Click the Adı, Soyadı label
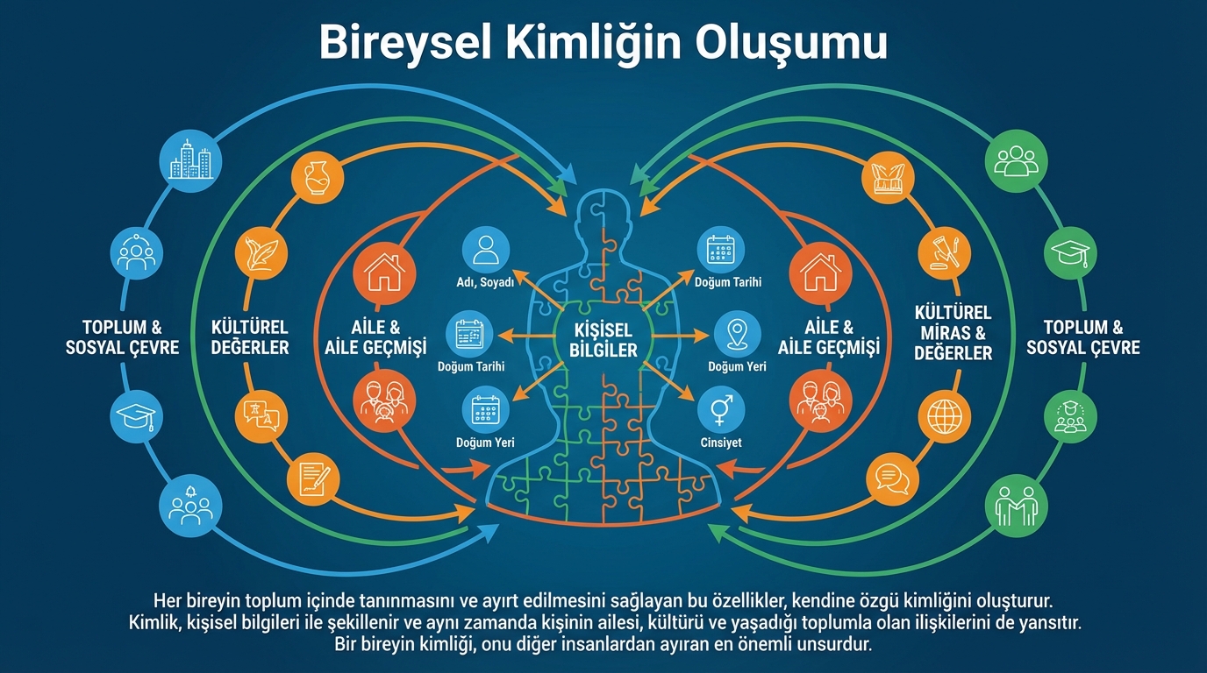point(485,282)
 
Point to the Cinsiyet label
point(721,443)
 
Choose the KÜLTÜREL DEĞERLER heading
point(250,337)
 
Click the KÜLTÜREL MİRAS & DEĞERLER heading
point(953,333)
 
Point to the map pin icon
point(737,334)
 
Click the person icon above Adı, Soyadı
point(485,248)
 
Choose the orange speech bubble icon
point(890,478)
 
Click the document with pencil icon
point(312,478)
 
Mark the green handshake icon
point(1018,506)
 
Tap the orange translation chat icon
point(261,412)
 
